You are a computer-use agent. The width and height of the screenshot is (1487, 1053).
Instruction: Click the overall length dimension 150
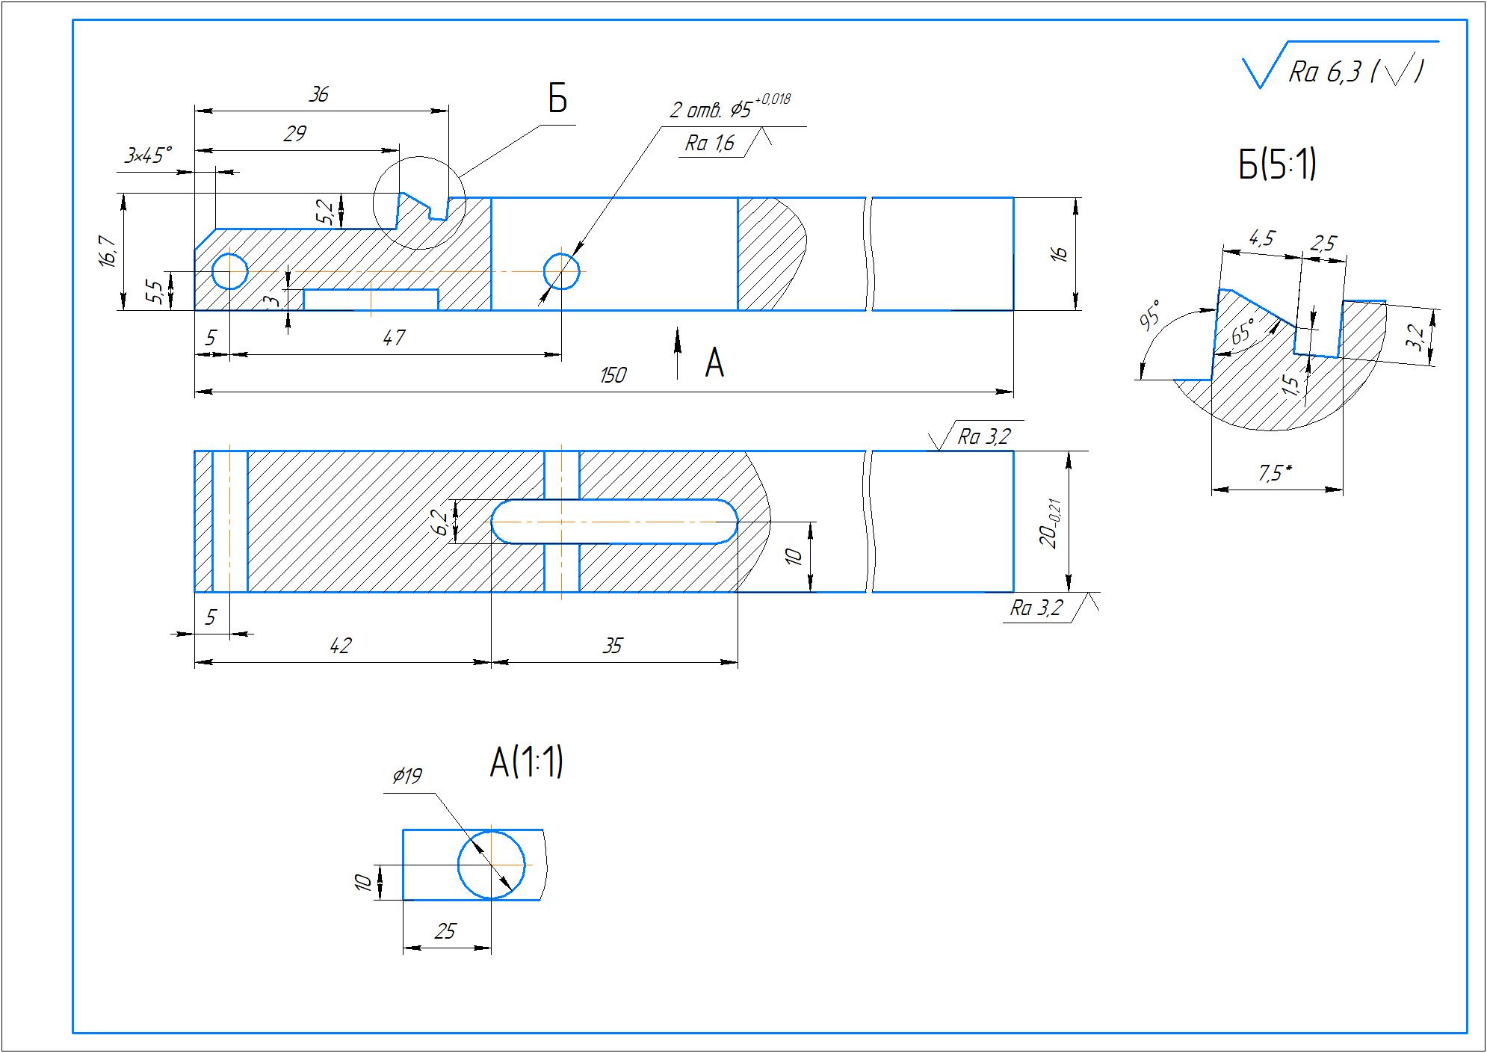point(613,375)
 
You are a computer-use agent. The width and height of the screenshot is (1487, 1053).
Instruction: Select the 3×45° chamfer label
point(148,156)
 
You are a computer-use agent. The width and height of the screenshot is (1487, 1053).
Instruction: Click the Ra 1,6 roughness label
point(709,143)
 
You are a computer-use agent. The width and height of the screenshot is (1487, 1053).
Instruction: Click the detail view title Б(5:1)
point(1277,166)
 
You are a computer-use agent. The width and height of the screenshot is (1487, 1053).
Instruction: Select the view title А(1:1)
point(526,763)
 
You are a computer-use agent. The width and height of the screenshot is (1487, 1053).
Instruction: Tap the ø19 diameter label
point(406,776)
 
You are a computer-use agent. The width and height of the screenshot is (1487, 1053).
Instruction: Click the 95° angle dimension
point(1150,315)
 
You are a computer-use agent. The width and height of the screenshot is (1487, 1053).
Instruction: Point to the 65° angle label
point(1242,330)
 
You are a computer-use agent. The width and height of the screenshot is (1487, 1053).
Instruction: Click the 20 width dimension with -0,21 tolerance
point(1051,522)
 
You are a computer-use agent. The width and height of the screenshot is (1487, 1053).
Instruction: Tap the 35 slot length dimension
point(612,646)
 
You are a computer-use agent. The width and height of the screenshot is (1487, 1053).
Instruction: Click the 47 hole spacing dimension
point(393,338)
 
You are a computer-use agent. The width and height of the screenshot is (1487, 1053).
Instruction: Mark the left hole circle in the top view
point(230,271)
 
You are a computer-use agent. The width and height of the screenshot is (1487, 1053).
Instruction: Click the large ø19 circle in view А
point(491,865)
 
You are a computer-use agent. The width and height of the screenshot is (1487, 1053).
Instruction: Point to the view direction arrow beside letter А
point(678,351)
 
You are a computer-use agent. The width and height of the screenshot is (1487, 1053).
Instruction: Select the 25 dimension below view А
point(445,931)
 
